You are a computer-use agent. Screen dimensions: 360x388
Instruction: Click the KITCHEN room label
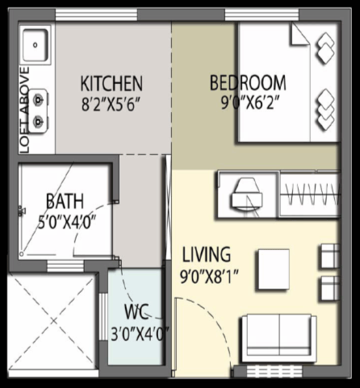click(x=111, y=84)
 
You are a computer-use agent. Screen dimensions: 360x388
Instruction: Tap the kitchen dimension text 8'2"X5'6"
click(x=111, y=104)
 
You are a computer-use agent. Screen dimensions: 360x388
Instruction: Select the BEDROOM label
click(x=248, y=83)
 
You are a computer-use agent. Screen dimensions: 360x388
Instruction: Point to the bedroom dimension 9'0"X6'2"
click(x=249, y=102)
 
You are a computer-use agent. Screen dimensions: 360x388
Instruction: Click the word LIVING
click(x=207, y=254)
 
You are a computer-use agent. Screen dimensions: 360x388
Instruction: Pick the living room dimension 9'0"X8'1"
click(x=209, y=276)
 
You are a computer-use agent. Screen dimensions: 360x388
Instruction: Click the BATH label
click(x=65, y=201)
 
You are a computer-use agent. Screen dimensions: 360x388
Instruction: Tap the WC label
click(x=136, y=312)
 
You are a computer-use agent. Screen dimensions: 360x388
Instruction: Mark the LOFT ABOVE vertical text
click(x=25, y=111)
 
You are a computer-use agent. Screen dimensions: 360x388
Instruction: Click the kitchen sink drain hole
click(x=36, y=45)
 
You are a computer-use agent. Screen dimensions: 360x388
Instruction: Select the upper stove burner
click(x=38, y=100)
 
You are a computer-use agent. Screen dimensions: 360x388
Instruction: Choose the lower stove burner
click(x=38, y=122)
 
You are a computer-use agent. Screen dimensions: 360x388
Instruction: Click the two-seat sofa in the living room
click(x=279, y=338)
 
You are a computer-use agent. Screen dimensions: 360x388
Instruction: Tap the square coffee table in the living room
click(x=274, y=269)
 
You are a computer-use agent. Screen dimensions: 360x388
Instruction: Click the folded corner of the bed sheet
click(x=299, y=35)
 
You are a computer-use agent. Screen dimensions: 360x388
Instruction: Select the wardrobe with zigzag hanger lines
click(x=310, y=194)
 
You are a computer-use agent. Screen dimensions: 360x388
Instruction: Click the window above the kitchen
click(x=96, y=15)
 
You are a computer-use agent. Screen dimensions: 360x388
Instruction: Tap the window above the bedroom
click(x=262, y=15)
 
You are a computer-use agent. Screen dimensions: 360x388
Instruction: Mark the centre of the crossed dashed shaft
click(x=53, y=321)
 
